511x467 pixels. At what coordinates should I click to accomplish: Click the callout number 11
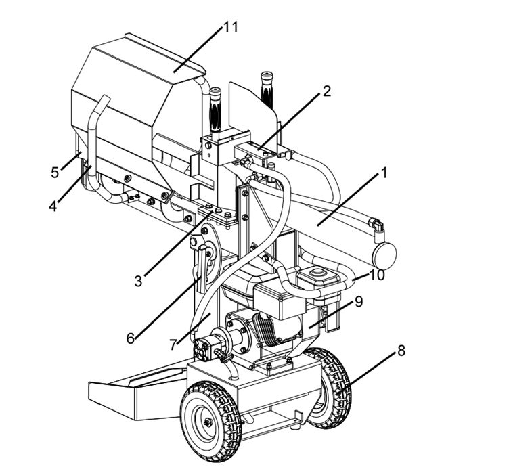pyautogui.click(x=231, y=27)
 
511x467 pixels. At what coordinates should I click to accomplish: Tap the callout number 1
pyautogui.click(x=383, y=173)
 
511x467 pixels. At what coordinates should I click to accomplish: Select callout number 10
pyautogui.click(x=378, y=275)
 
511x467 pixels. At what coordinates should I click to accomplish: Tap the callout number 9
pyautogui.click(x=359, y=302)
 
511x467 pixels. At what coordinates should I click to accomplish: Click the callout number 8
pyautogui.click(x=401, y=351)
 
